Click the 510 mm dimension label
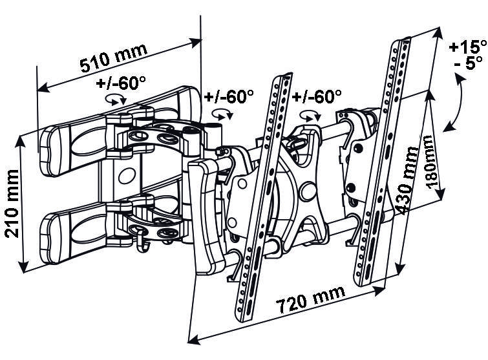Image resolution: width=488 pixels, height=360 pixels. click(x=113, y=58)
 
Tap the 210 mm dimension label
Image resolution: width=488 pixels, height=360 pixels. click(x=12, y=203)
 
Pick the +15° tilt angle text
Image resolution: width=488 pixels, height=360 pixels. click(x=467, y=47)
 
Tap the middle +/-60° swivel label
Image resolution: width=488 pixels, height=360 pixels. click(x=229, y=96)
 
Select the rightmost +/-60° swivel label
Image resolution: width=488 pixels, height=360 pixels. click(x=317, y=96)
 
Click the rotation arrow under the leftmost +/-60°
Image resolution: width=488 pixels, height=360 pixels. click(x=116, y=100)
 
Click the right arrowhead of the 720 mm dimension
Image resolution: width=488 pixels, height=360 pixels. click(x=381, y=291)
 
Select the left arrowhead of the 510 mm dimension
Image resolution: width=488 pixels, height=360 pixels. click(x=43, y=88)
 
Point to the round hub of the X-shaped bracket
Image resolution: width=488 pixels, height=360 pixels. click(x=308, y=191)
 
